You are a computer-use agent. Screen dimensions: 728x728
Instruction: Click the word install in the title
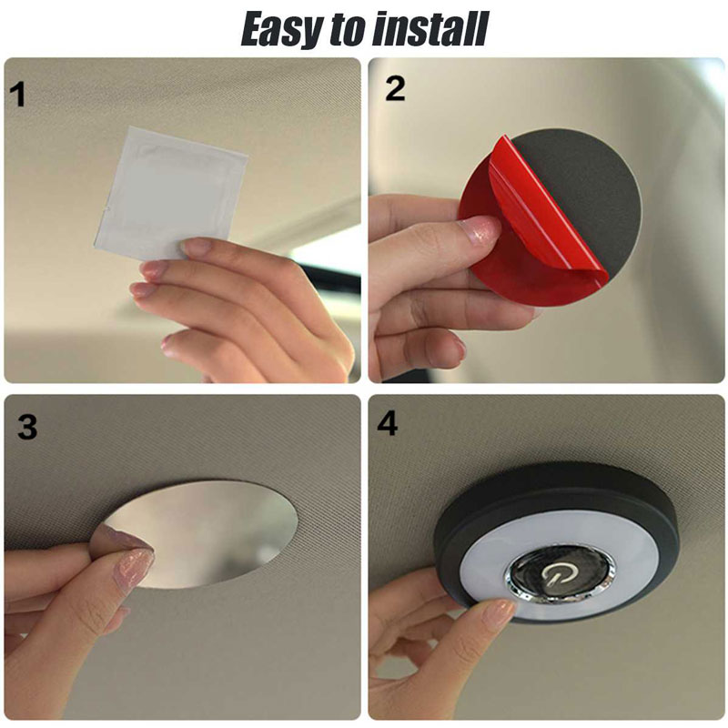coord(430,29)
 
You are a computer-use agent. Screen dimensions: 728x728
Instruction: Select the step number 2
coord(395,88)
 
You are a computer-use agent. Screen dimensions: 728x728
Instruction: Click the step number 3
coord(27,426)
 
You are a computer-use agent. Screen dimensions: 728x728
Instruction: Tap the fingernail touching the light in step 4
coord(499,612)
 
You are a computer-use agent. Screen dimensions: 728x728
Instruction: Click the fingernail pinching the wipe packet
coord(196,246)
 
